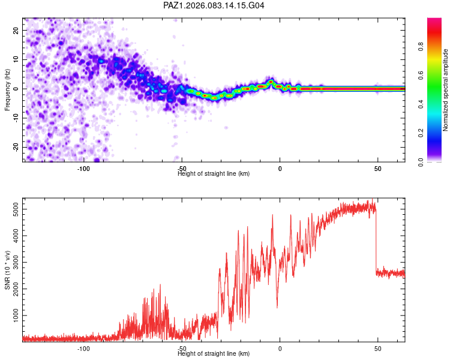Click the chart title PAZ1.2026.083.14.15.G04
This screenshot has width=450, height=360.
click(x=214, y=5)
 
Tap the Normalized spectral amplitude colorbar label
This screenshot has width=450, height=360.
click(x=445, y=90)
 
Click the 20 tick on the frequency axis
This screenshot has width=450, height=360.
click(x=17, y=30)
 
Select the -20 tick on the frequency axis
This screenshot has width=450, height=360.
click(x=16, y=147)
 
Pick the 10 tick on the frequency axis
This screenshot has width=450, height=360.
click(x=17, y=59)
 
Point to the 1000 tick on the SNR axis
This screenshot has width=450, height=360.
click(x=13, y=316)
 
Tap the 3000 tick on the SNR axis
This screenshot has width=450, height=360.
click(x=13, y=263)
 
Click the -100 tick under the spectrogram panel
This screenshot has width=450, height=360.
click(x=83, y=169)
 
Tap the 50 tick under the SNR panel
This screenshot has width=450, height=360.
click(x=377, y=348)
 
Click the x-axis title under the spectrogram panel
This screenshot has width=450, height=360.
click(x=214, y=174)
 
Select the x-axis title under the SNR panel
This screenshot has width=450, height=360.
click(x=214, y=354)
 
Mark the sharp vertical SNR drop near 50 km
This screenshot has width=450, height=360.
click(x=376, y=240)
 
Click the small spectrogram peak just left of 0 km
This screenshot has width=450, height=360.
click(x=271, y=82)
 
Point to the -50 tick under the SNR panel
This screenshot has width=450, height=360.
click(x=182, y=348)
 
